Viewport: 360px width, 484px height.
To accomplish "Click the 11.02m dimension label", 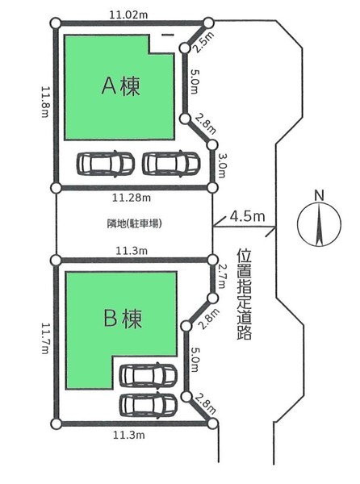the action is [x=128, y=15].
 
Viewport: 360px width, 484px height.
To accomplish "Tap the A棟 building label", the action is [x=121, y=86].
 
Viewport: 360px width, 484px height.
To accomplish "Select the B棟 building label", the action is [x=123, y=319].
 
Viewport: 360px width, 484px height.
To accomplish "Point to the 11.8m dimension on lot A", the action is [x=45, y=102].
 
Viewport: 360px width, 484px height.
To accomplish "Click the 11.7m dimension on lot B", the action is [x=45, y=338].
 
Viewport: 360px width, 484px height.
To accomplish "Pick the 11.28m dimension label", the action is [x=132, y=198].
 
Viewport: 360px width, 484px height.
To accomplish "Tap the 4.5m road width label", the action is [x=247, y=216].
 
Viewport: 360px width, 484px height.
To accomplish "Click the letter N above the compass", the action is [x=320, y=195].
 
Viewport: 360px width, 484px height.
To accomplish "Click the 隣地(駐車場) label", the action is [x=135, y=223].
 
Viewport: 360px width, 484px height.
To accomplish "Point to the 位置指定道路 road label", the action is [x=245, y=294].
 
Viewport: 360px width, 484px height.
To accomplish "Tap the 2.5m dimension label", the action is [x=203, y=42].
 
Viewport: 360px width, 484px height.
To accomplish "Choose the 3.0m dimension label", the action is [x=221, y=165].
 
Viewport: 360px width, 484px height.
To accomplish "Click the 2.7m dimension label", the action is [x=221, y=276].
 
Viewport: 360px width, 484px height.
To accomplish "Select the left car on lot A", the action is [x=105, y=164].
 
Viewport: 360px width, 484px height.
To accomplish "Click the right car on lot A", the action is [x=171, y=164].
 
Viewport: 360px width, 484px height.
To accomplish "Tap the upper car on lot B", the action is [x=149, y=375].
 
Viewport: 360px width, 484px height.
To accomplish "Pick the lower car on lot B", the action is [x=149, y=405].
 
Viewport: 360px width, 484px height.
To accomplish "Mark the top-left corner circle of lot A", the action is [x=56, y=23].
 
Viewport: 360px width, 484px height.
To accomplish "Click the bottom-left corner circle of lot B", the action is [x=56, y=423].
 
